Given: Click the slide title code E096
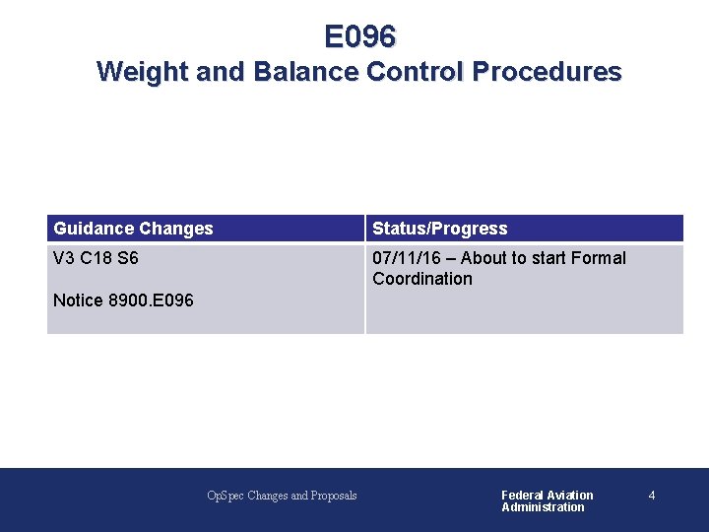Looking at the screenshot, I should point(360,37).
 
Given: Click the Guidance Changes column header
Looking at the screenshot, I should point(133,229).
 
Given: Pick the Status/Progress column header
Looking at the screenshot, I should point(440,229).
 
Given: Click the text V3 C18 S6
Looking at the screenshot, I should point(96,258).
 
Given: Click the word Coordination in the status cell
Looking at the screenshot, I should point(422,279).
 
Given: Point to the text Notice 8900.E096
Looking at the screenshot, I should point(123,299).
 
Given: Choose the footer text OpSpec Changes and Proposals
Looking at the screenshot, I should point(282,496).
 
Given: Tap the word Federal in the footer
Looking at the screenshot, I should point(521,496).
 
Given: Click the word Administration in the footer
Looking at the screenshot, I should point(543,507).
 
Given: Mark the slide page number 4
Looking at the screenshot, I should point(652,496).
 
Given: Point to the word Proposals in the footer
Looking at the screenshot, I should point(333,496).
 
